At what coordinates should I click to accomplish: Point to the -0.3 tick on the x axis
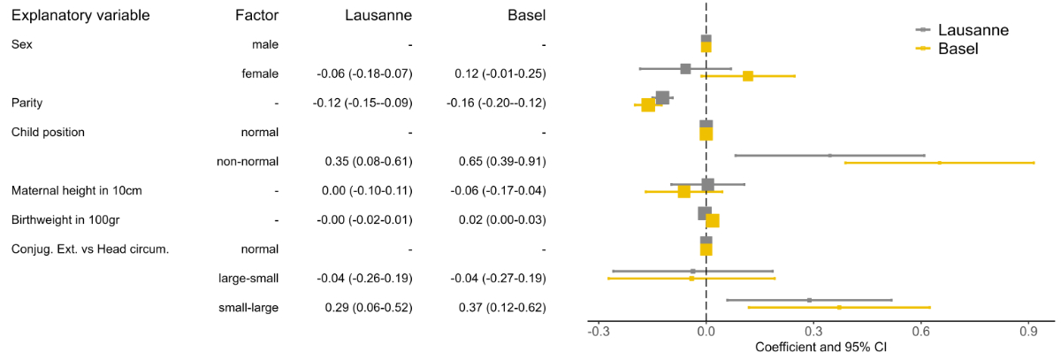pyautogui.click(x=599, y=332)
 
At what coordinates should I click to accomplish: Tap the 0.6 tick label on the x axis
pyautogui.click(x=921, y=332)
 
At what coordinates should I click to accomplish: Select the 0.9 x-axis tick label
pyautogui.click(x=1029, y=332)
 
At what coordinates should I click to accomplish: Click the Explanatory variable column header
pyautogui.click(x=80, y=16)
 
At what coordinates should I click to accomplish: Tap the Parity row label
pyautogui.click(x=27, y=103)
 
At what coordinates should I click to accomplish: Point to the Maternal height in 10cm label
pyautogui.click(x=76, y=190)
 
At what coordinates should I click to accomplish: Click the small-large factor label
pyautogui.click(x=248, y=307)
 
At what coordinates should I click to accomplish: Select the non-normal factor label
pyautogui.click(x=248, y=161)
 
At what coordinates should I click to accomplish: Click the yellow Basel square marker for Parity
pyautogui.click(x=648, y=105)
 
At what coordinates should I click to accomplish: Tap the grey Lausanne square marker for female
pyautogui.click(x=685, y=68)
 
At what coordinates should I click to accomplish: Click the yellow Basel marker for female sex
pyautogui.click(x=748, y=76)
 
